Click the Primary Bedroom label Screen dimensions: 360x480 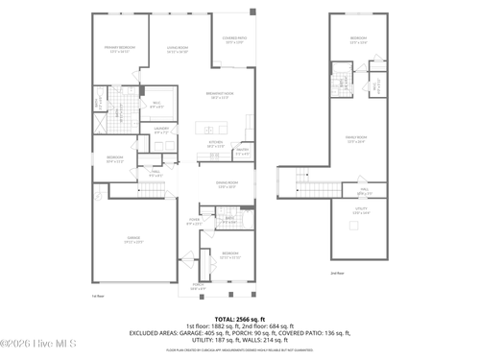tap(120, 49)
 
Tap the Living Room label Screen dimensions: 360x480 tap(177, 49)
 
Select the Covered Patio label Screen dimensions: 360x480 tap(234, 40)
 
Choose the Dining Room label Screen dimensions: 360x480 tap(228, 184)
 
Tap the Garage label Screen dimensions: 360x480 tap(134, 240)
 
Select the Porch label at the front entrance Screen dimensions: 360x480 tap(198, 286)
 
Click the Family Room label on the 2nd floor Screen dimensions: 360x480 tap(357, 139)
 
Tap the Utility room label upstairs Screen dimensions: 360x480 tap(361, 211)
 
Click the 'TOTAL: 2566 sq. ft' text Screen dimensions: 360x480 tap(240, 317)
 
